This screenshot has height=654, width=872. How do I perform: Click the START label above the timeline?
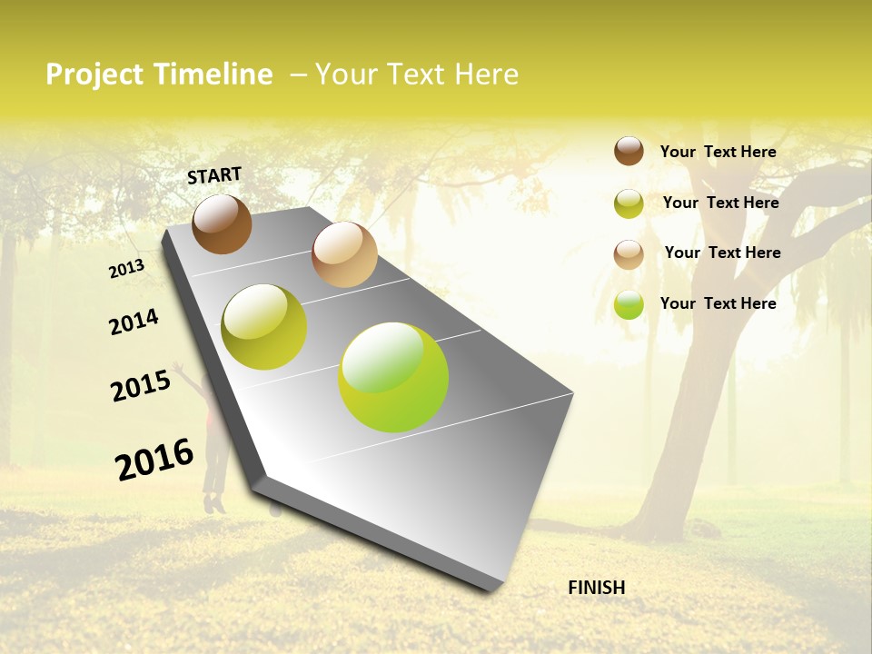(214, 175)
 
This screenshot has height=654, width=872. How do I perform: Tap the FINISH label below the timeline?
(596, 588)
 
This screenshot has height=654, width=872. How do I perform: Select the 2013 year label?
(127, 269)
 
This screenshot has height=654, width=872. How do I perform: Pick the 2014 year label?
(134, 322)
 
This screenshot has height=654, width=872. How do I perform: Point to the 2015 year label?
(141, 386)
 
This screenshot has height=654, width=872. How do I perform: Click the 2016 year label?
(154, 459)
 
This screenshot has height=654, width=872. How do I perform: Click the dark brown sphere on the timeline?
(222, 223)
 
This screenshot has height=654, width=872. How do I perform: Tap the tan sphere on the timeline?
(344, 254)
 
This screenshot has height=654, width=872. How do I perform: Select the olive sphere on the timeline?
(264, 327)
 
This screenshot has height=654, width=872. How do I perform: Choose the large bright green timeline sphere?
(393, 377)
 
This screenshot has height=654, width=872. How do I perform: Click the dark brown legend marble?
(629, 151)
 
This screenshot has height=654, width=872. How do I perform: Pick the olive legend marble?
(629, 203)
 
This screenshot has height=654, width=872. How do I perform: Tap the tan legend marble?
(629, 254)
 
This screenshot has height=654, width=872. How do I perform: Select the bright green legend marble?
(629, 305)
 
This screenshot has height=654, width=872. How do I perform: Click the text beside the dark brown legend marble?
(718, 152)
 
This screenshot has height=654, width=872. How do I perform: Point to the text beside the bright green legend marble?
(718, 303)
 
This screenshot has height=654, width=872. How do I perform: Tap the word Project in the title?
(94, 74)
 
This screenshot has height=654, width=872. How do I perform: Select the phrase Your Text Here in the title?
(417, 74)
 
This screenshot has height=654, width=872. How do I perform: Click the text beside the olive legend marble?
(720, 203)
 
